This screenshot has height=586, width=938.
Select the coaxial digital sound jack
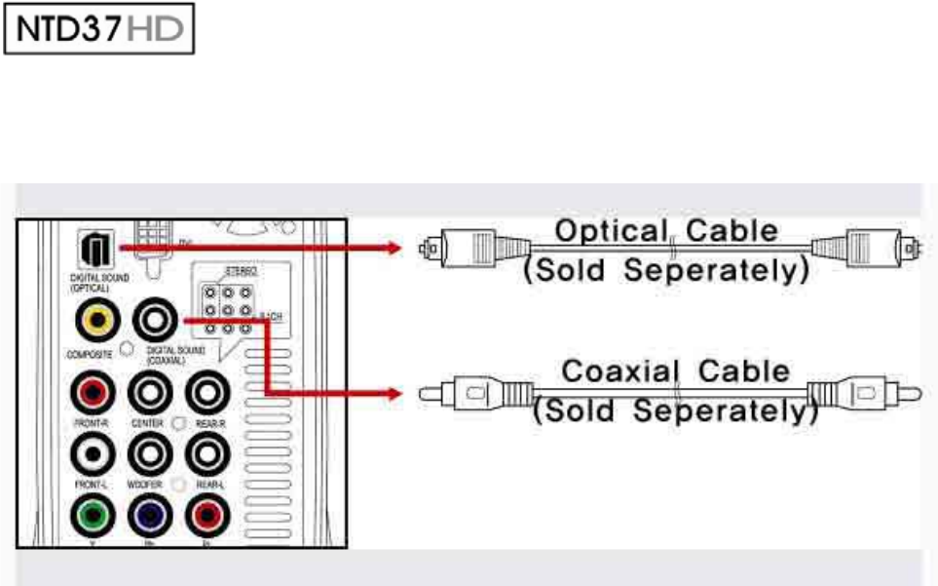(x=156, y=319)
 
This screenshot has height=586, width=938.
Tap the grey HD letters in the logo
(x=161, y=32)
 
